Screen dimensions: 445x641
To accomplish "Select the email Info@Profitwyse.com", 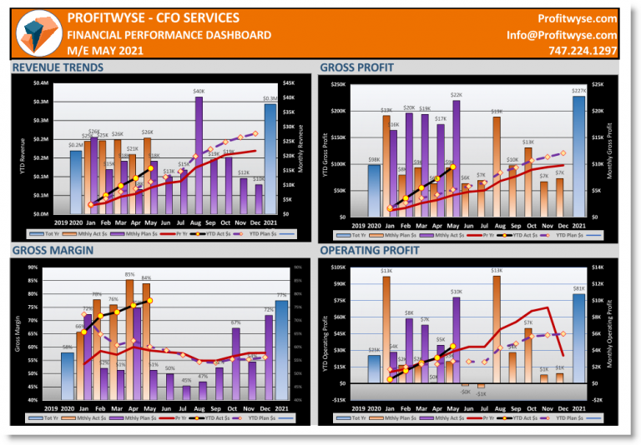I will click(562, 35).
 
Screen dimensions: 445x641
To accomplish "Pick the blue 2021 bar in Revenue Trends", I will click(270, 158).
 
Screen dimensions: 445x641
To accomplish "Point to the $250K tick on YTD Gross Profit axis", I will click(337, 84).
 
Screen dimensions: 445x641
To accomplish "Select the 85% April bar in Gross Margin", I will click(129, 337).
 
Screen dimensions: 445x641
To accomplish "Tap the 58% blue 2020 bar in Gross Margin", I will click(67, 375).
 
